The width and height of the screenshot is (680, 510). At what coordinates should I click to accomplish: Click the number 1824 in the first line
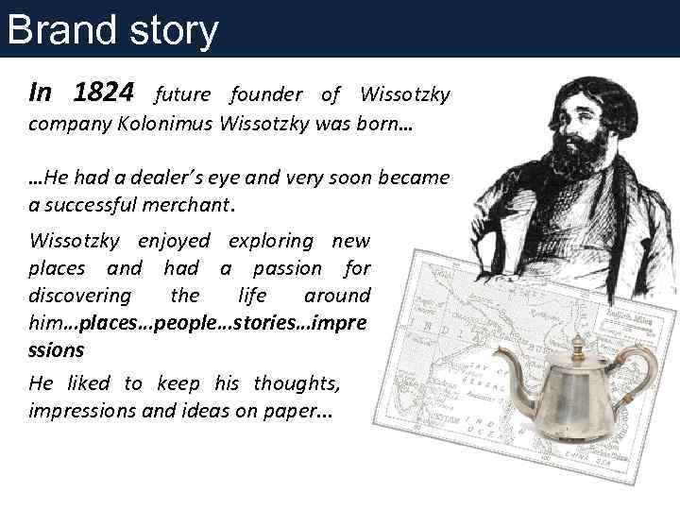pyautogui.click(x=106, y=93)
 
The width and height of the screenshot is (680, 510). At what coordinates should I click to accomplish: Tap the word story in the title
pyautogui.click(x=172, y=30)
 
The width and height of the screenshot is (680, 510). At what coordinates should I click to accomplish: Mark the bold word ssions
pyautogui.click(x=57, y=349)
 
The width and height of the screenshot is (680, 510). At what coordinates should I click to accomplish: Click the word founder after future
pyautogui.click(x=265, y=94)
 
